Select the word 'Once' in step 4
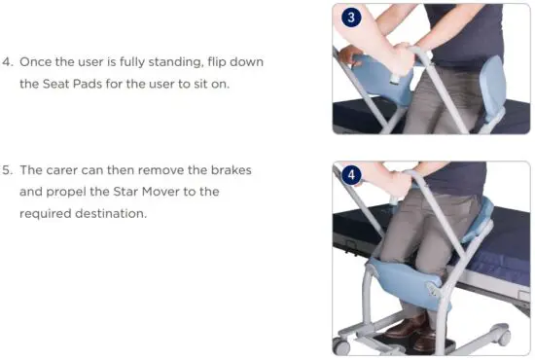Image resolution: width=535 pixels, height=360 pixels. coord(38,62)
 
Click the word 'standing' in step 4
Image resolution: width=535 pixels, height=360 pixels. coord(172,62)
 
